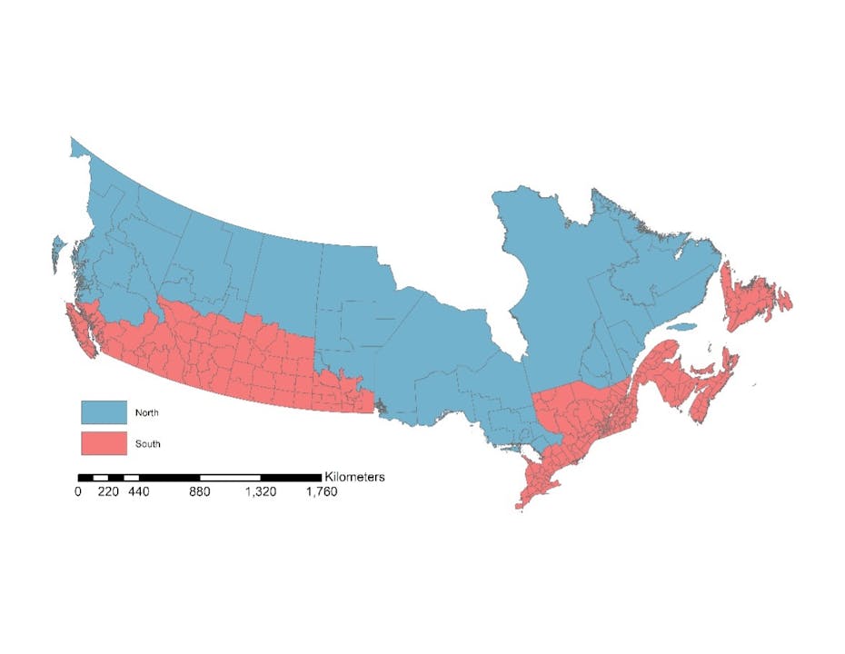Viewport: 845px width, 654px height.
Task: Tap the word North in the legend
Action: (148, 413)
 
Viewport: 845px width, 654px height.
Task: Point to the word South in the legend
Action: (148, 444)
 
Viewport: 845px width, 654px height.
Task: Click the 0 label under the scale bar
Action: (78, 492)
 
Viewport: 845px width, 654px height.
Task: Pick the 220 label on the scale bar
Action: (108, 492)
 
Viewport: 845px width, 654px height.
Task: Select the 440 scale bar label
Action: (138, 492)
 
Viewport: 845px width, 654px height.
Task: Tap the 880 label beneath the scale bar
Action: (200, 492)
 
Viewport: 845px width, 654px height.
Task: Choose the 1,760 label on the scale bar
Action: (320, 492)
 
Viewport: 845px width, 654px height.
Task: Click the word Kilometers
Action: (354, 476)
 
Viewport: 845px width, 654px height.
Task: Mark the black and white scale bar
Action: (200, 477)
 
